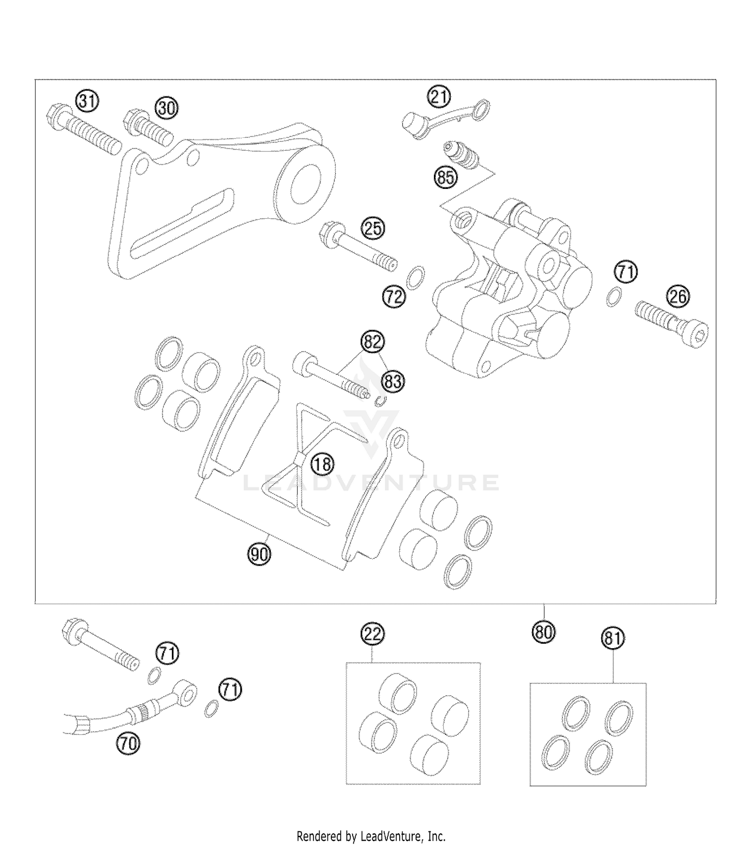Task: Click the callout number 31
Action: pyautogui.click(x=87, y=101)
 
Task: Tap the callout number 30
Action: pyautogui.click(x=167, y=108)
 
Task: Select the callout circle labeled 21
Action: pyautogui.click(x=439, y=97)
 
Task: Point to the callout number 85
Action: pyautogui.click(x=445, y=177)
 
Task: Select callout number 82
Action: pyautogui.click(x=372, y=342)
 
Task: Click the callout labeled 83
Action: pyautogui.click(x=392, y=381)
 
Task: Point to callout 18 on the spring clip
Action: pyautogui.click(x=322, y=464)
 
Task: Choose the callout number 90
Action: pyautogui.click(x=259, y=554)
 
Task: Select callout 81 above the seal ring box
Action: pyautogui.click(x=613, y=638)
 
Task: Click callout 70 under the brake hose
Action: pyautogui.click(x=128, y=743)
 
